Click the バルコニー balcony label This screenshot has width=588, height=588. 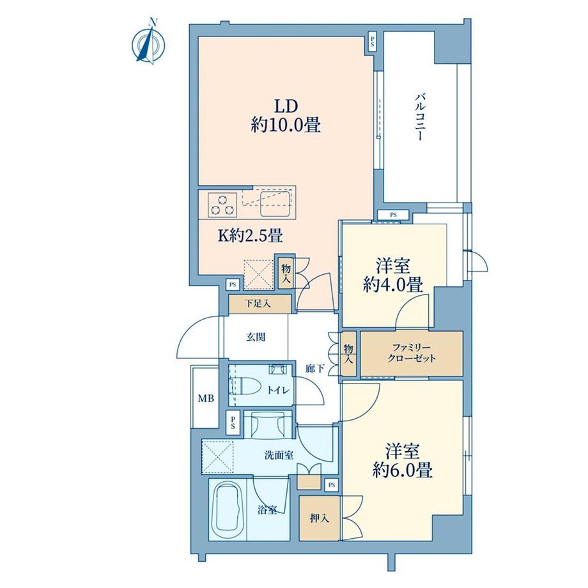tap(420, 118)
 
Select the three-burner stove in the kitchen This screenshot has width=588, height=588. tap(222, 205)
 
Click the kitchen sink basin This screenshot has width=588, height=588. tap(276, 204)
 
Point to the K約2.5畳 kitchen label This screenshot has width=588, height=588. tap(251, 236)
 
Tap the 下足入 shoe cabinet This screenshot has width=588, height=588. tap(260, 304)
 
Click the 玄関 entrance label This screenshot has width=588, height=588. tap(256, 337)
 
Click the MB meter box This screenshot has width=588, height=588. tap(205, 398)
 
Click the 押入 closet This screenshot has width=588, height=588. tap(320, 518)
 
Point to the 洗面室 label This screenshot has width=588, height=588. tap(279, 456)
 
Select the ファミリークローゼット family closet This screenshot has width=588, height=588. tap(412, 353)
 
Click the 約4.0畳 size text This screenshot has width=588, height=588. tap(393, 286)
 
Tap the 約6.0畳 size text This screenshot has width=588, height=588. tap(403, 470)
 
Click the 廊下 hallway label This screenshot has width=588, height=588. tap(314, 369)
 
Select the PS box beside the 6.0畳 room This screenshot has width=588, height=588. tap(332, 485)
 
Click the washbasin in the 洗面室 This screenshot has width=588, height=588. tap(267, 425)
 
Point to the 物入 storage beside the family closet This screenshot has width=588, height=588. tap(349, 353)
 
